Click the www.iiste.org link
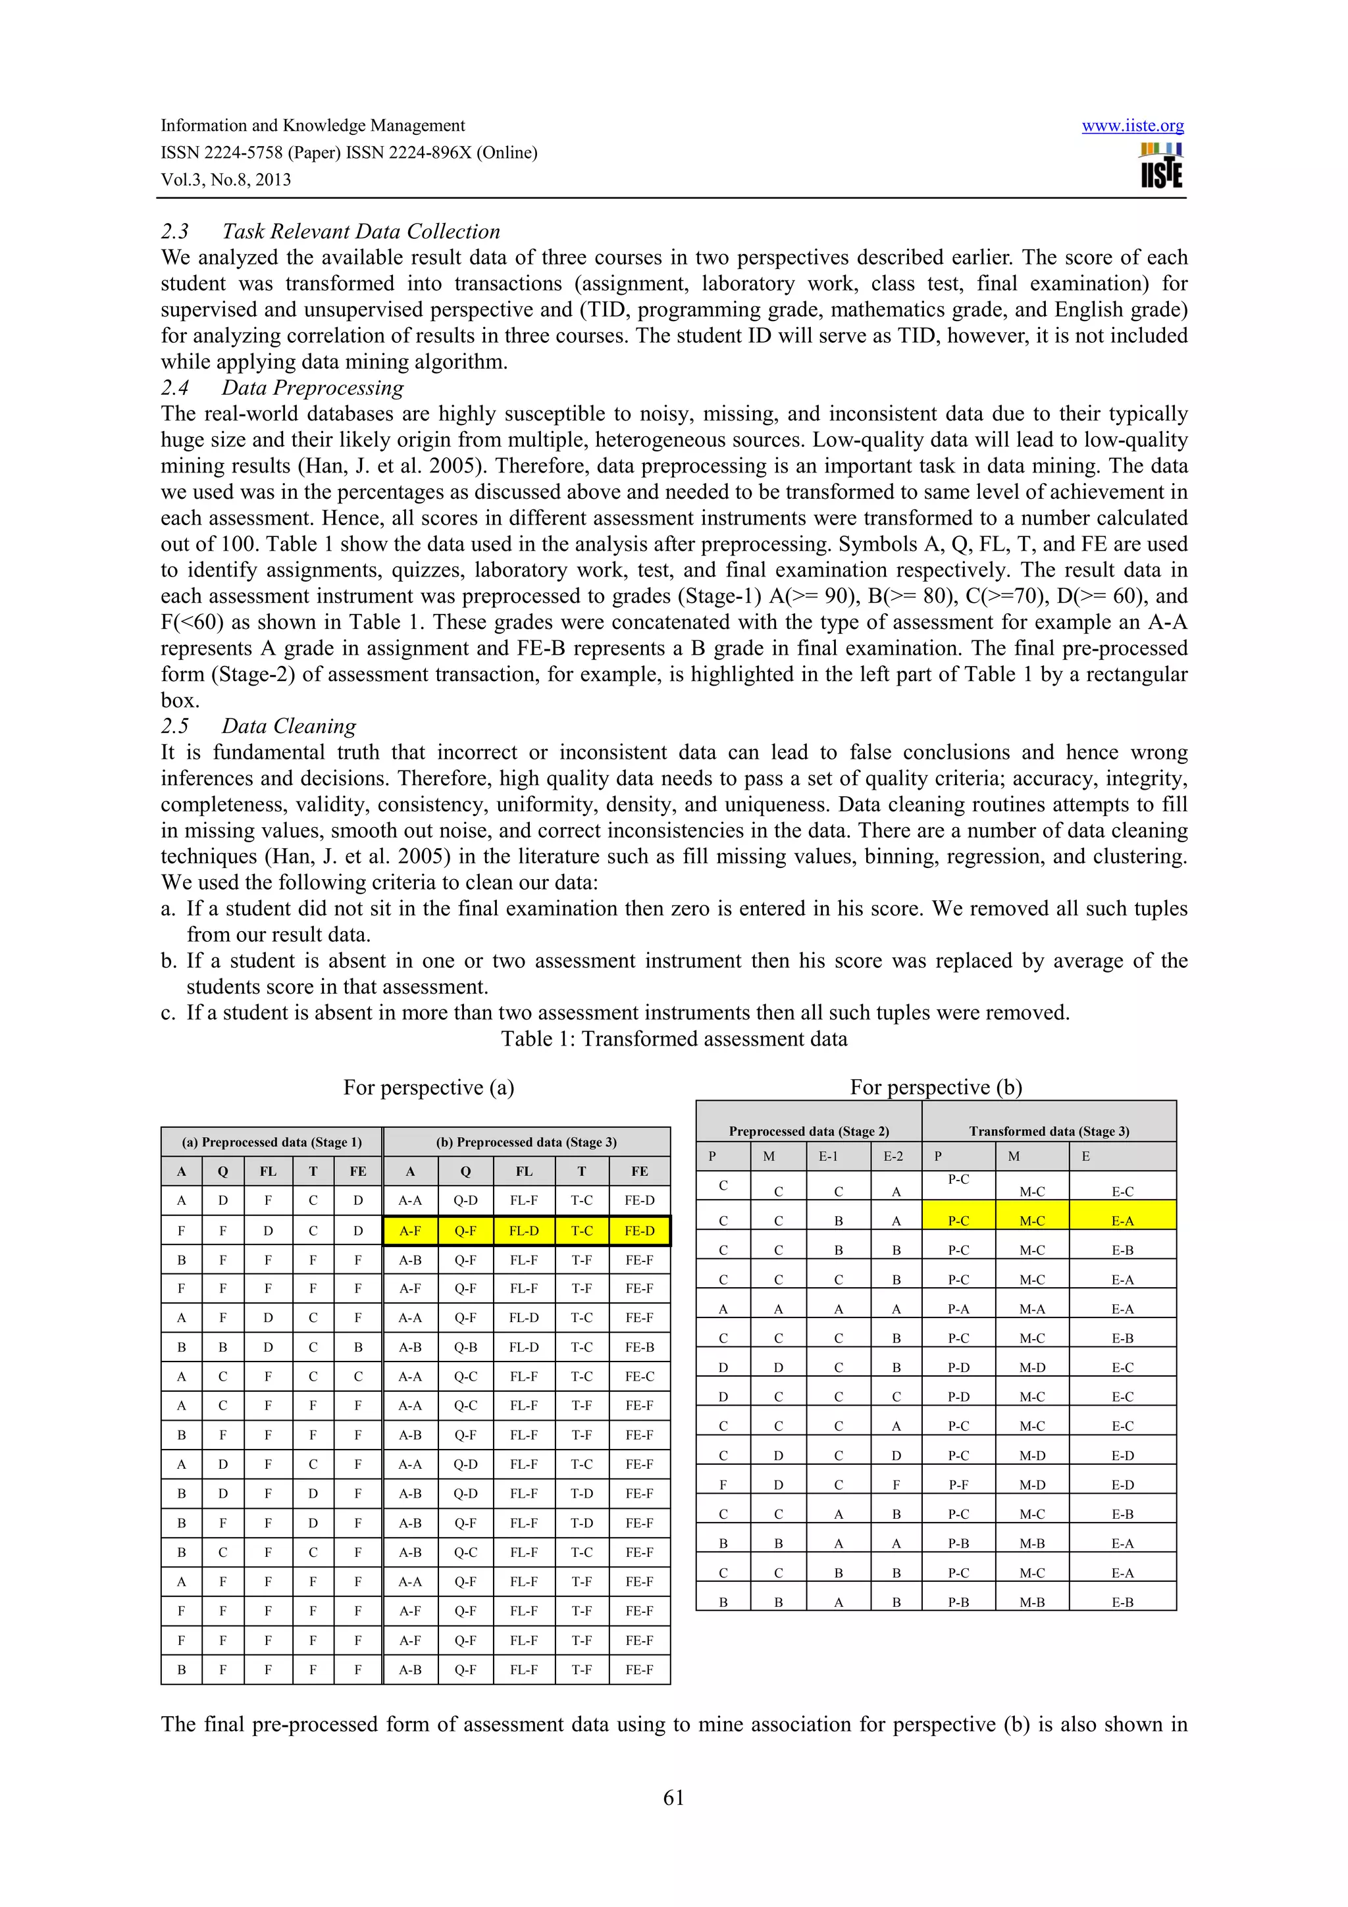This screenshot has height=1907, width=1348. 1132,126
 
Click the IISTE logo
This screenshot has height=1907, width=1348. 1161,166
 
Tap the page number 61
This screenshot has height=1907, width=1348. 673,1797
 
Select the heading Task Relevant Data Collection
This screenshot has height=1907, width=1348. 361,231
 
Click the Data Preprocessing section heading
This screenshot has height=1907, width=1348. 312,387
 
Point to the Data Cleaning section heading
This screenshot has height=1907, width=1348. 288,726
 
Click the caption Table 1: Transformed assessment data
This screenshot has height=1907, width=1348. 673,1038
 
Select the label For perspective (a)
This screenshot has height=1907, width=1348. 428,1087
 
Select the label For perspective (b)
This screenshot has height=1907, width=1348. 935,1087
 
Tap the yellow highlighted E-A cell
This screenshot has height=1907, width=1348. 1122,1221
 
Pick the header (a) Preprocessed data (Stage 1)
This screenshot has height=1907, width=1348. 272,1142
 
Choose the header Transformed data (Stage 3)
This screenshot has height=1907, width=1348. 1048,1131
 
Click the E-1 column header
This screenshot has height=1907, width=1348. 828,1156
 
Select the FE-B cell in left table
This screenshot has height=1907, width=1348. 638,1347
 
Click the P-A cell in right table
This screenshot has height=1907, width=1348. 958,1309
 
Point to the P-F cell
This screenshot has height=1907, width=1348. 958,1485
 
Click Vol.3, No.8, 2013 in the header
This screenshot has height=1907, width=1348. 226,180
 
